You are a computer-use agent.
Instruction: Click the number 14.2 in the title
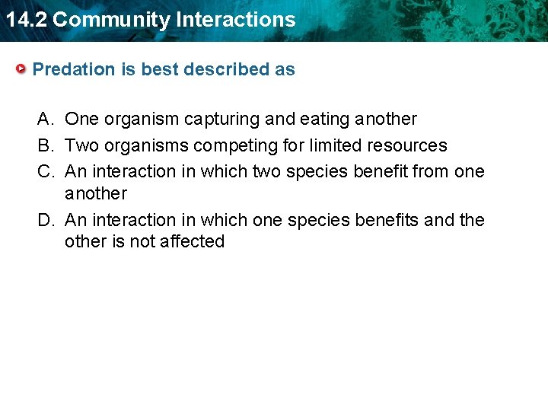26,20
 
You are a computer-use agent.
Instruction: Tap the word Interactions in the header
237,20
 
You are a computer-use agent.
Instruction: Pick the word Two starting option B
81,145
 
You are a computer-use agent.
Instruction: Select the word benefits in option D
386,220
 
